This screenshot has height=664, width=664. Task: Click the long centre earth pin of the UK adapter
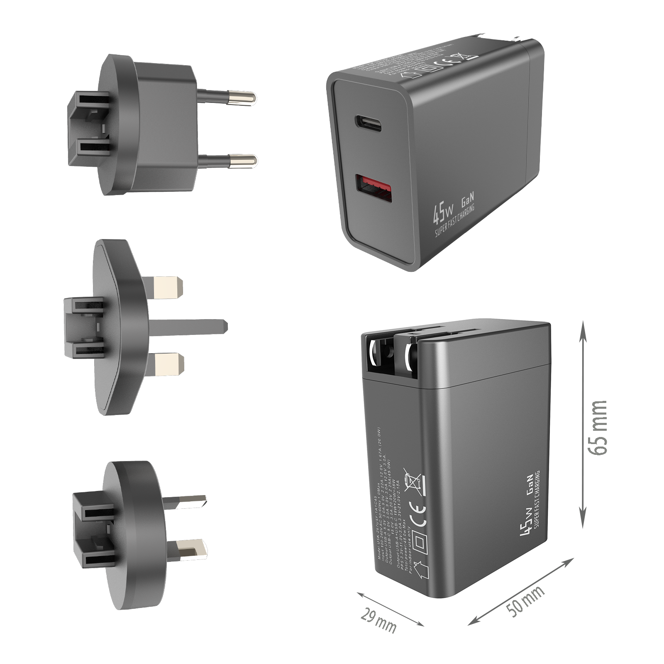click(x=187, y=327)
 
